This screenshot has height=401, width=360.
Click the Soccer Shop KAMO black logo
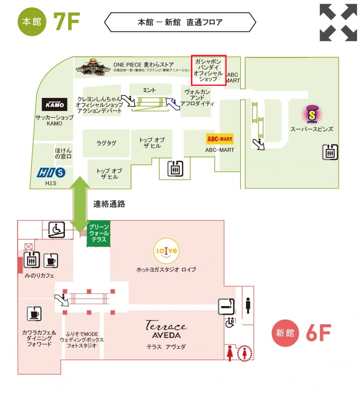(55, 105)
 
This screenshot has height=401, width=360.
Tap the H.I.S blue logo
(51, 173)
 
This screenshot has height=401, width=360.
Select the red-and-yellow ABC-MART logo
(219, 139)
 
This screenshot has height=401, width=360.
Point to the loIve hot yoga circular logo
(166, 251)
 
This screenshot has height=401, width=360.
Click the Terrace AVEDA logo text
(166, 329)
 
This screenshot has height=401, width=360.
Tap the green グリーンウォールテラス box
(99, 234)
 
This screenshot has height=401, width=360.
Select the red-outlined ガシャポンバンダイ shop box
(208, 70)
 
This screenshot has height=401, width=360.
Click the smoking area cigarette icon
(226, 307)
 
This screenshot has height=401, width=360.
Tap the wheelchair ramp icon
(56, 230)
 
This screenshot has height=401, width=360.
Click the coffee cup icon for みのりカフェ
(51, 260)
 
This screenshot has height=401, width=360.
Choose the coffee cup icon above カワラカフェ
(35, 314)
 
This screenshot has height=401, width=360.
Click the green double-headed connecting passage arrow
(80, 204)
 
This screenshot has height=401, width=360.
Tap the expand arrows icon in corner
(338, 23)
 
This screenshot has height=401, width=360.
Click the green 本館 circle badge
(32, 22)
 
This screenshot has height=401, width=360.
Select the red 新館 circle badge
(285, 333)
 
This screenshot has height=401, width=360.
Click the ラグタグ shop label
(106, 143)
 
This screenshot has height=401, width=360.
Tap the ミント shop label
(150, 90)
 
